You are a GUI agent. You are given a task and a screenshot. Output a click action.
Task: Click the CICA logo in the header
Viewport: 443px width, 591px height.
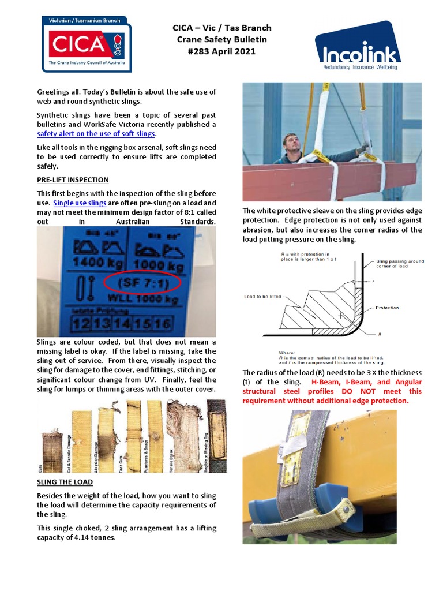(x=87, y=44)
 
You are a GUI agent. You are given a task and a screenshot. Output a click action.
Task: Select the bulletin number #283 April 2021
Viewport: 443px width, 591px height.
(x=222, y=51)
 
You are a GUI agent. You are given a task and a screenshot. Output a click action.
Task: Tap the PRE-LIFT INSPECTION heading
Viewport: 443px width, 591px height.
(x=73, y=180)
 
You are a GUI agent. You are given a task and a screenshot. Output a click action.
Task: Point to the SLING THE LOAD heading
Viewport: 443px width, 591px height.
(x=65, y=482)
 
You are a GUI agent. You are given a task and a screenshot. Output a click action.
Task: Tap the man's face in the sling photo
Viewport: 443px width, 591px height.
(x=292, y=144)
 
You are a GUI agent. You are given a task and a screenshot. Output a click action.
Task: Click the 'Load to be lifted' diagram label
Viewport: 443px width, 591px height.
(x=262, y=297)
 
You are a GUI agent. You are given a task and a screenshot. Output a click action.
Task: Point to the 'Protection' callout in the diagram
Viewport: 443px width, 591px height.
(x=387, y=308)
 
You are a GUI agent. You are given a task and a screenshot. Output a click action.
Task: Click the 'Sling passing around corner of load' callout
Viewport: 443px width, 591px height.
(x=400, y=264)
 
